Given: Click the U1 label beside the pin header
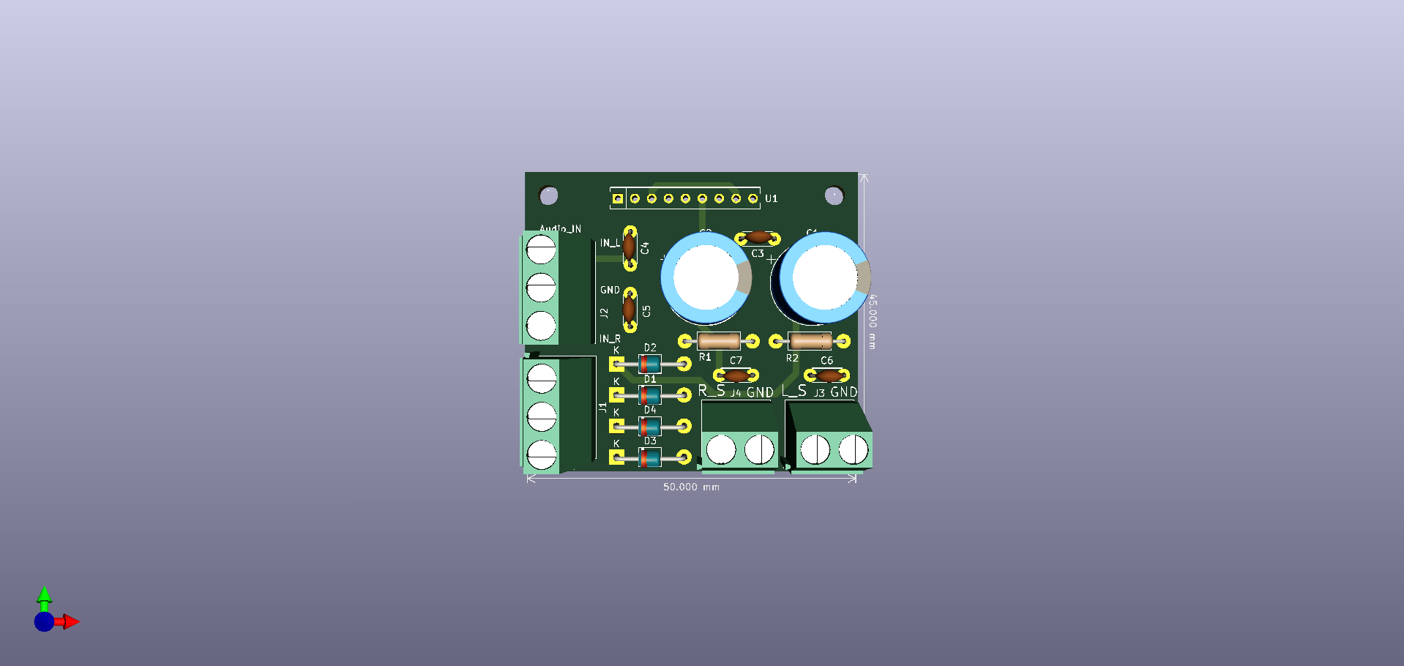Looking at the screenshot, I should pyautogui.click(x=771, y=198).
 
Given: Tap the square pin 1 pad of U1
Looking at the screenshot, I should pyautogui.click(x=618, y=198).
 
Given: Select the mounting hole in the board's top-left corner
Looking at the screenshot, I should pyautogui.click(x=548, y=195).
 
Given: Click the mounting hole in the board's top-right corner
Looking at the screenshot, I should pyautogui.click(x=834, y=195).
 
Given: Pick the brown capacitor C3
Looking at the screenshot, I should pyautogui.click(x=758, y=238).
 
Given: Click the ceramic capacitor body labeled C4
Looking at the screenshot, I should pyautogui.click(x=629, y=247).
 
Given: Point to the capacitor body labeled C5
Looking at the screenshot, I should pyautogui.click(x=629, y=310).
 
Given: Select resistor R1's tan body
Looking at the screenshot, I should pyautogui.click(x=718, y=341).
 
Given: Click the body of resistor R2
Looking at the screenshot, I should pyautogui.click(x=810, y=341).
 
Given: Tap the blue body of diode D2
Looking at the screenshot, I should pyautogui.click(x=650, y=364).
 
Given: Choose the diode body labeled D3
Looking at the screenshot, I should pyautogui.click(x=650, y=458).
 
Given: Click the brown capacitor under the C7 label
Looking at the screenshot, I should pyautogui.click(x=736, y=375).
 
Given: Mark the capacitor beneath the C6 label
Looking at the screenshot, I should pyautogui.click(x=827, y=375).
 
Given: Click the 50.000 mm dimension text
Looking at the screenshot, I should pyautogui.click(x=690, y=487).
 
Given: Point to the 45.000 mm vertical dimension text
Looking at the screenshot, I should pyautogui.click(x=872, y=321).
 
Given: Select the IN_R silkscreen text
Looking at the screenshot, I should pyautogui.click(x=610, y=339).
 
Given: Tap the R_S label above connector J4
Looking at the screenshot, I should pyautogui.click(x=712, y=391).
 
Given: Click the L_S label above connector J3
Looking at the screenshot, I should pyautogui.click(x=795, y=391).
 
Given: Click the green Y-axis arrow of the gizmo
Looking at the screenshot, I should pyautogui.click(x=45, y=595).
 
